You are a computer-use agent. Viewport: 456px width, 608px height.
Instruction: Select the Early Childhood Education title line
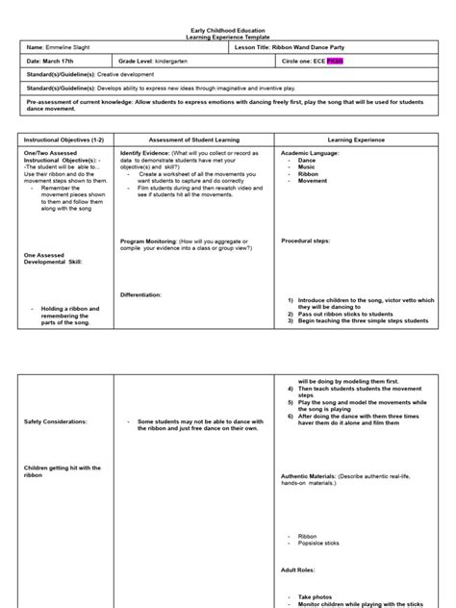[x=227, y=27]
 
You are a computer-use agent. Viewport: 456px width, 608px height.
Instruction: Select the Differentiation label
[x=140, y=293]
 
